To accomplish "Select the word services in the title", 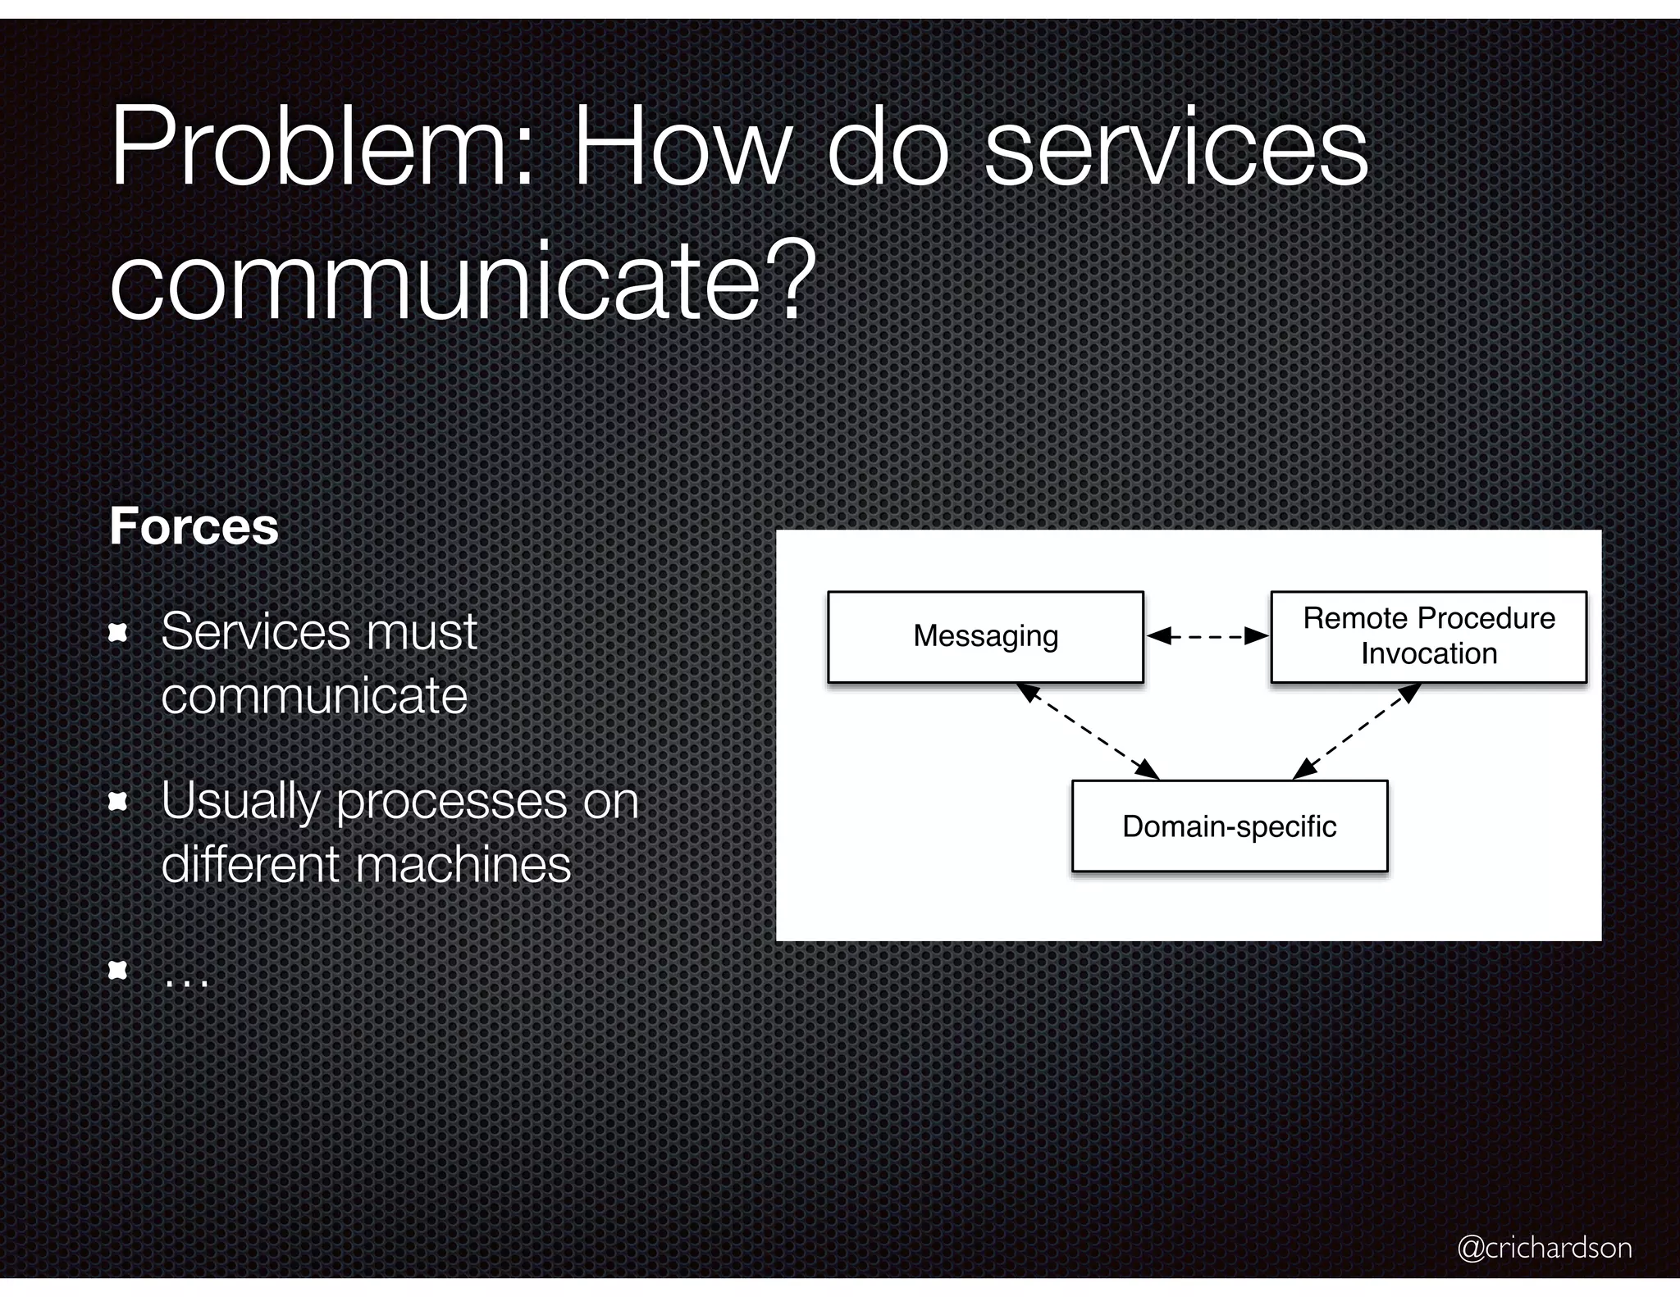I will pos(1176,149).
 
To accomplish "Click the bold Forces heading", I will pos(194,526).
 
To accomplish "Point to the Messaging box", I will pos(985,637).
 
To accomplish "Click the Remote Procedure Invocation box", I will pos(1428,637).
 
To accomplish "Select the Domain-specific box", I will pos(1229,826).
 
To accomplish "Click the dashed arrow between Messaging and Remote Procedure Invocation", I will pos(1207,636).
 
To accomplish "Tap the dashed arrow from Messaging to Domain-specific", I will pos(1088,731).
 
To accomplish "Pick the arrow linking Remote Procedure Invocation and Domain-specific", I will pos(1357,731).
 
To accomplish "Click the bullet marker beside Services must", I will pos(119,633).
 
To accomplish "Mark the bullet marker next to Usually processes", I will pos(119,802).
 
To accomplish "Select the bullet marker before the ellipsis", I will pos(119,972).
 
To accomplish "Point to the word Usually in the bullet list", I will pos(240,803).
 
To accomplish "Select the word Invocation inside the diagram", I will pos(1429,654).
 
